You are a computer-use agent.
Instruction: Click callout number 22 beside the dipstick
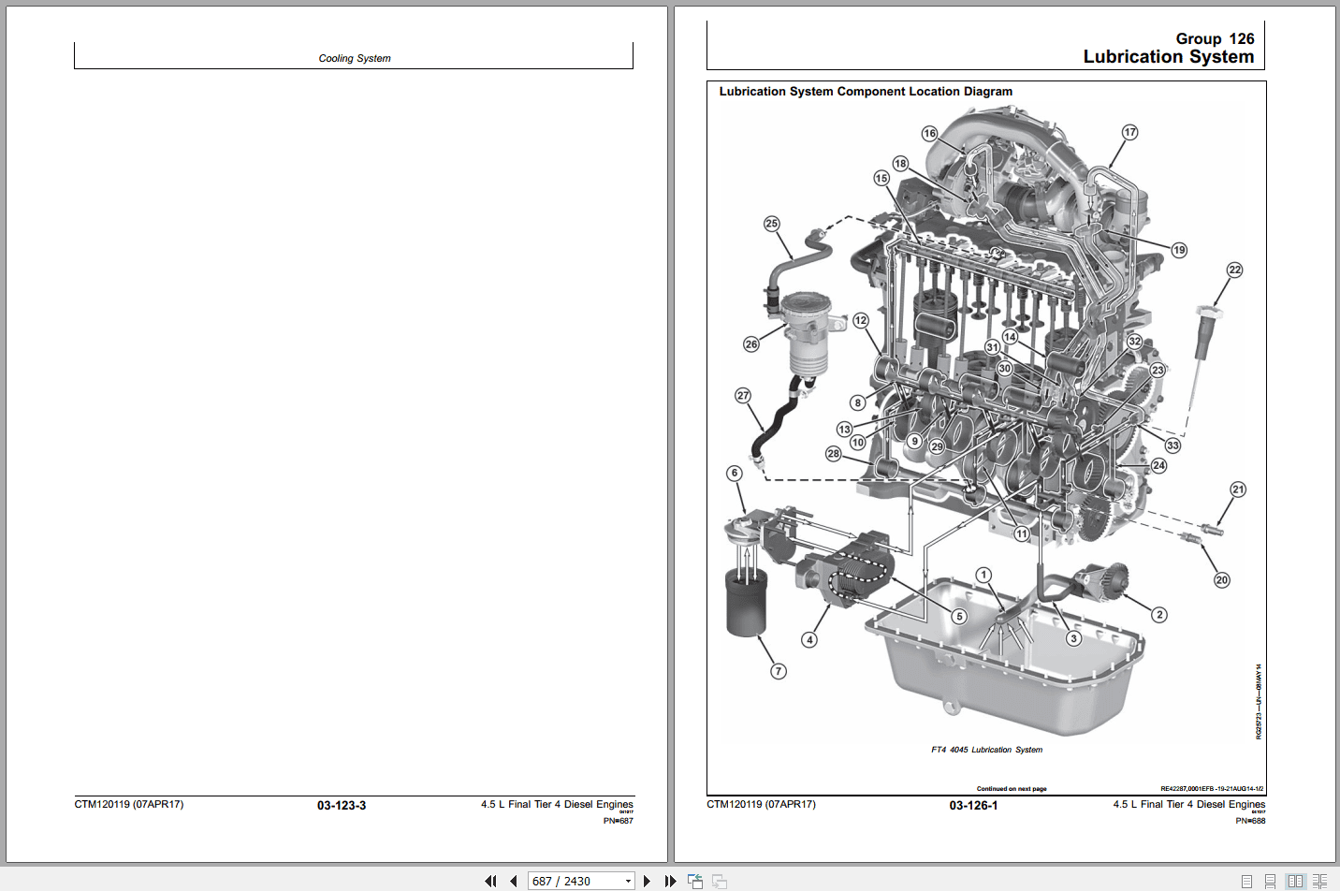tap(1234, 270)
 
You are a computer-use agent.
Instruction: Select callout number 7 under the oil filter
tap(779, 671)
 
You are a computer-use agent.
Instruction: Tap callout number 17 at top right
tap(1129, 132)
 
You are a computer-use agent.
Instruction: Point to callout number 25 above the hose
tap(771, 224)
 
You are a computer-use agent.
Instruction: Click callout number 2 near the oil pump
tap(1159, 615)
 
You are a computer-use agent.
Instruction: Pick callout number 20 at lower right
tap(1221, 580)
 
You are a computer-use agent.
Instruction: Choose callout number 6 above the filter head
tap(735, 474)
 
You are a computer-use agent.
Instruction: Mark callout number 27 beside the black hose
tap(743, 396)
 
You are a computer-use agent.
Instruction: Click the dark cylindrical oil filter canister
tap(746, 604)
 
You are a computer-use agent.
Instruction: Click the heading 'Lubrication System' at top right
tap(1168, 57)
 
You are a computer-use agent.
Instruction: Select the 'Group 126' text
tap(1215, 38)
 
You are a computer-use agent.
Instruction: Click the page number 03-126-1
tap(973, 806)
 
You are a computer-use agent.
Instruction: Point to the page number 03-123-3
tap(342, 806)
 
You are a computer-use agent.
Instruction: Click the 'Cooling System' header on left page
tap(355, 58)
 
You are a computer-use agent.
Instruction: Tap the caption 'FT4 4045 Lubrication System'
tap(986, 750)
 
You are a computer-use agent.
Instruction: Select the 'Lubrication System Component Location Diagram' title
tap(866, 92)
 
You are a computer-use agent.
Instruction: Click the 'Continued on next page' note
tap(1012, 789)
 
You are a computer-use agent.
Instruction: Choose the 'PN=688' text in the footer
tap(1250, 821)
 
